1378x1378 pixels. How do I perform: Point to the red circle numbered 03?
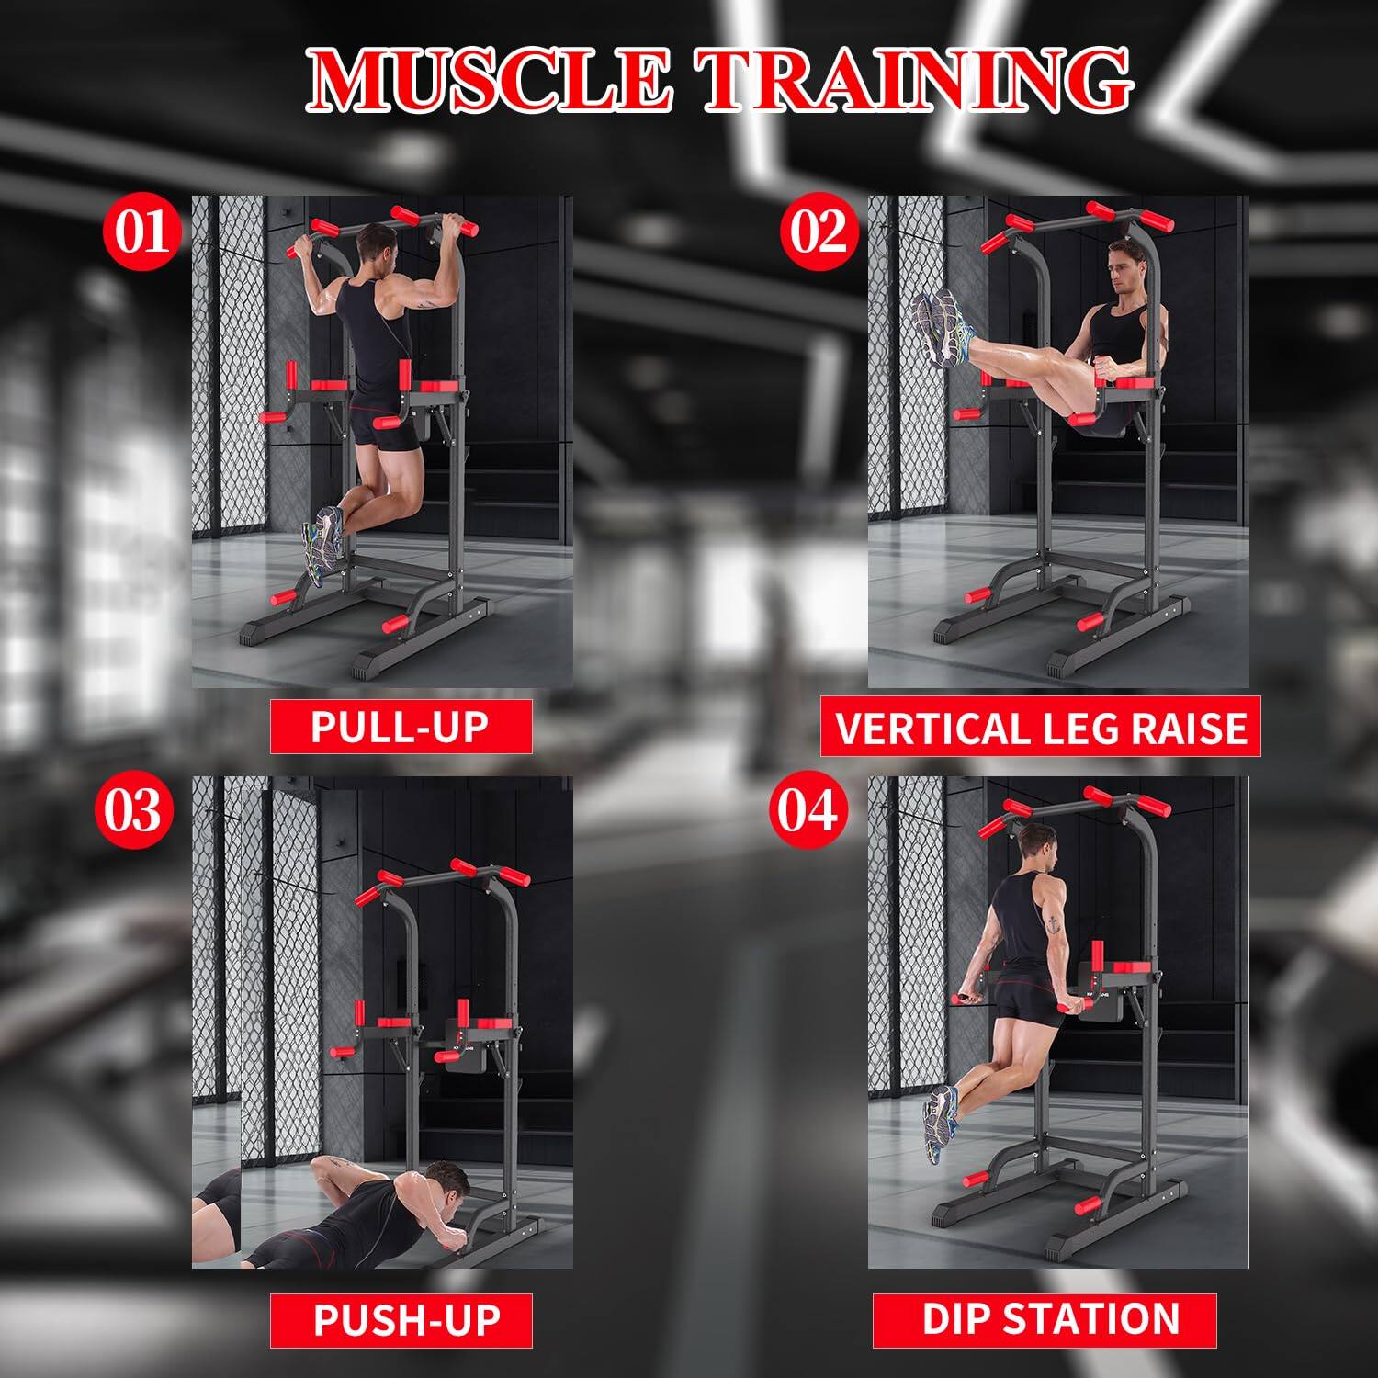(x=134, y=811)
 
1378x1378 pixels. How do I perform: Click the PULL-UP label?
(x=401, y=727)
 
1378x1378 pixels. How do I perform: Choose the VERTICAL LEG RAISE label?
(x=1040, y=727)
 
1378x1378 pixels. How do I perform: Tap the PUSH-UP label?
(x=401, y=1320)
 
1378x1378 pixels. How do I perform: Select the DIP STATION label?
(x=1045, y=1319)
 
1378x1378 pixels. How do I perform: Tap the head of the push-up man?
(x=446, y=1185)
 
